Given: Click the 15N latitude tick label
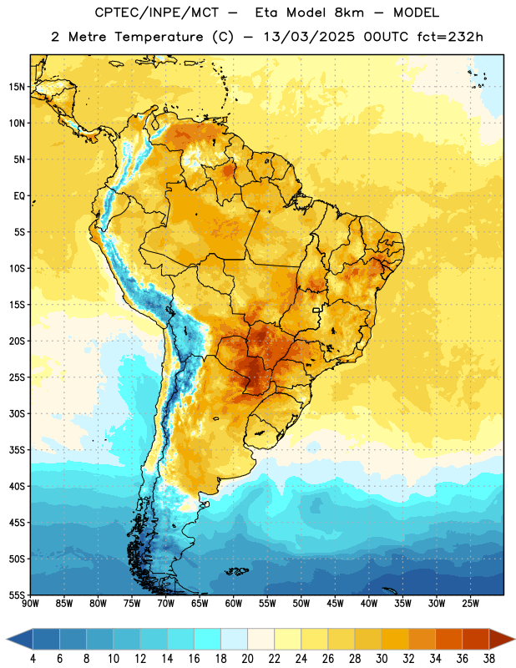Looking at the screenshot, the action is [x=17, y=87].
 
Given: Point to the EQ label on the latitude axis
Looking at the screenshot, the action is [x=19, y=196].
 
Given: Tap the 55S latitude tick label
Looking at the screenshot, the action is [x=17, y=595].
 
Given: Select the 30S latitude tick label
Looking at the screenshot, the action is [x=17, y=413].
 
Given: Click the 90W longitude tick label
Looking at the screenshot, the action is [x=30, y=604].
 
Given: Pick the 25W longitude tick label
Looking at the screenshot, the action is [x=470, y=604].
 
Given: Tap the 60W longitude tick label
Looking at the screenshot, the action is [x=234, y=604].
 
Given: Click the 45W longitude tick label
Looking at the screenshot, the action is [x=335, y=604].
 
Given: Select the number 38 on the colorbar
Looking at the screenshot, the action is [x=489, y=659].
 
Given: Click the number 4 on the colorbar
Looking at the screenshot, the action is [x=33, y=659].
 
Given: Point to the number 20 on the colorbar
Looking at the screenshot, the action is [x=247, y=659].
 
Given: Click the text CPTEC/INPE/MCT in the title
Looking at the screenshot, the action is [x=157, y=13].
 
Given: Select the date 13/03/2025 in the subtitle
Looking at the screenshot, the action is [x=309, y=37].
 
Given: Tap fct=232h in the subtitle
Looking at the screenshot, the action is [x=450, y=37].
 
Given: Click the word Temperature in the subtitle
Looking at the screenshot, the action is [x=159, y=38].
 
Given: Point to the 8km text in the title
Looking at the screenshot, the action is [x=349, y=13].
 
